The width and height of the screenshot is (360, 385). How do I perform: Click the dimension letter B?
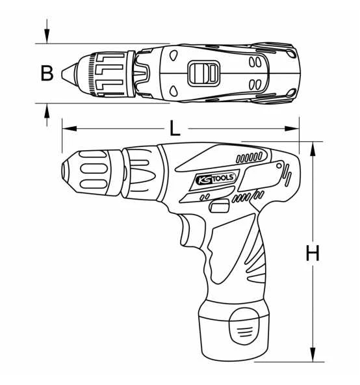47,73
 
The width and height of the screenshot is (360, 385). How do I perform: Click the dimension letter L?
175,129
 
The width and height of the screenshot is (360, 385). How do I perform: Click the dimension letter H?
313,253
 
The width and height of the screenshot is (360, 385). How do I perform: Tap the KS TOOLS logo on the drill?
216,178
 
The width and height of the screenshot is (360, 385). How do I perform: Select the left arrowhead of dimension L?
70,128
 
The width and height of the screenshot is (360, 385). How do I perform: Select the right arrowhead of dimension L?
292,128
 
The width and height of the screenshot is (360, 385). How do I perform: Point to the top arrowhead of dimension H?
313,149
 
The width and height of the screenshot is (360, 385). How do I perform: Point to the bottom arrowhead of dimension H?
313,354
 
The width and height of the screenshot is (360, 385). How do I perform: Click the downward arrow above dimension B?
47,31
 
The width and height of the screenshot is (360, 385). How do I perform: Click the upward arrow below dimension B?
47,115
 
